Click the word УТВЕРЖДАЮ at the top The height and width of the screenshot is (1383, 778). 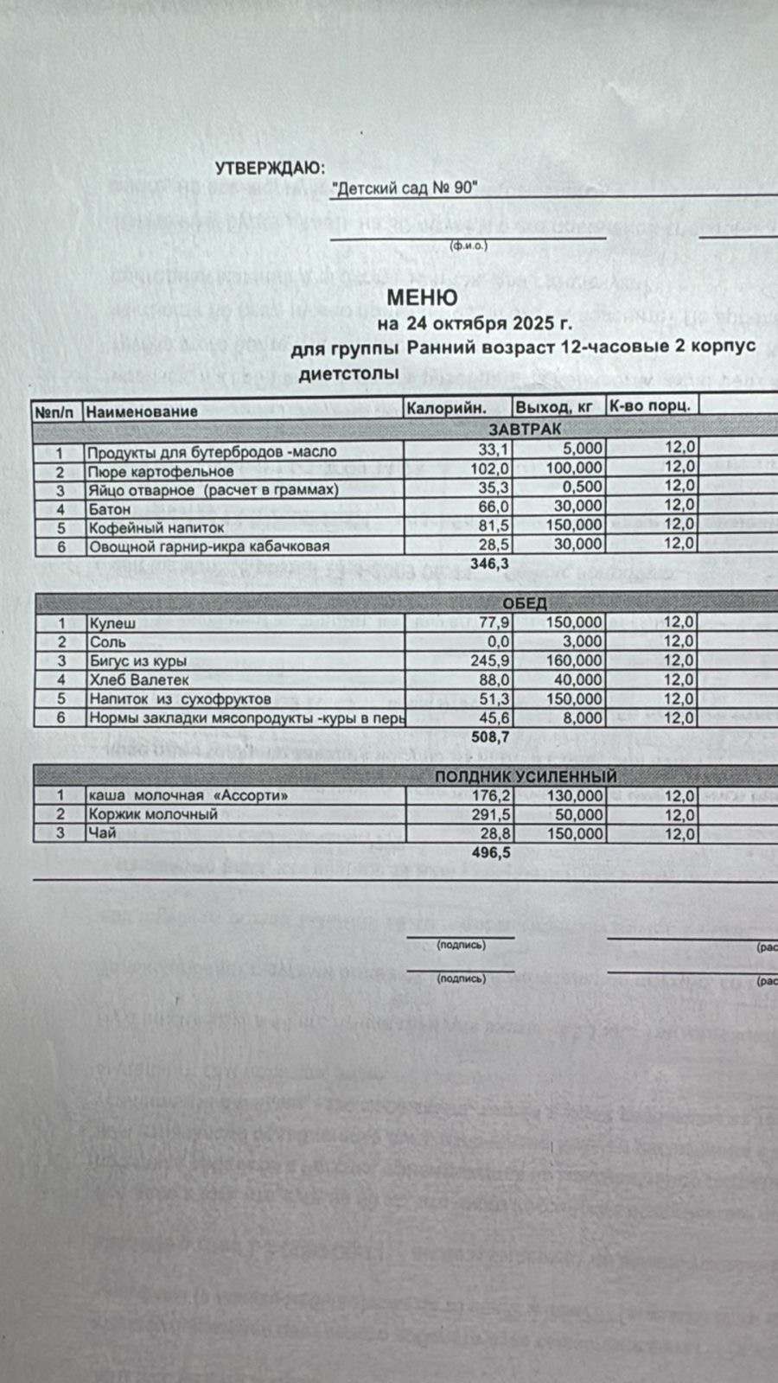coord(269,168)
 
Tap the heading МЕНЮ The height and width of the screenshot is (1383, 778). coord(422,297)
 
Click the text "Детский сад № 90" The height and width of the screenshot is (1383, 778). coord(405,189)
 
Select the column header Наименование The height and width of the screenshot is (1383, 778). coord(142,411)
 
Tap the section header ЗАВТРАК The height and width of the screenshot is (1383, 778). coord(525,429)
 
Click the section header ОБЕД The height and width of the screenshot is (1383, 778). coord(525,602)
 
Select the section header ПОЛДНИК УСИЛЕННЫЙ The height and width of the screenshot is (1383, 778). coord(526,776)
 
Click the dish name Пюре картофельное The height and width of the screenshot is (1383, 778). coord(161,472)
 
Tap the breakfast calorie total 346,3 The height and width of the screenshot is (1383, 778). coord(488,564)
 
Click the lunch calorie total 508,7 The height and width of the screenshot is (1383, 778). coord(488,737)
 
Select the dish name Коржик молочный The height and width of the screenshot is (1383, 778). coord(153,814)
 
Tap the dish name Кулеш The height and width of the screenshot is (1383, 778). coord(112,623)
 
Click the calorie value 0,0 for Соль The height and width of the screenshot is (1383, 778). coord(498,642)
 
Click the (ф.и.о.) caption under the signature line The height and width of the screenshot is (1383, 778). coord(469,246)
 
